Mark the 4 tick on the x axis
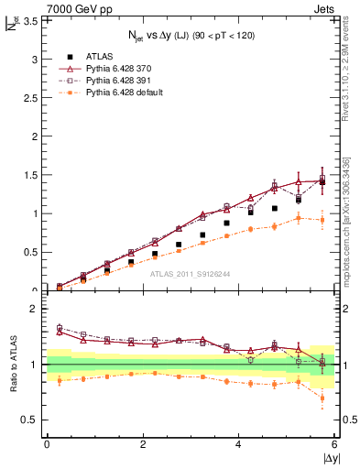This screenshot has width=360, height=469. click(239, 443)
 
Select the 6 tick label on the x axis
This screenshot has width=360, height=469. click(335, 443)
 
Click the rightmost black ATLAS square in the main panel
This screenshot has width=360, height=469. click(322, 182)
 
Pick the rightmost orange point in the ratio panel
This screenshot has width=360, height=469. click(322, 398)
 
